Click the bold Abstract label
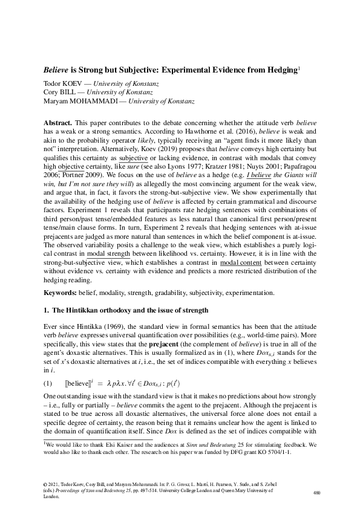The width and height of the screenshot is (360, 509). pos(58,123)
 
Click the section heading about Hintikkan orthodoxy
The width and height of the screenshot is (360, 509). pos(130,311)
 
